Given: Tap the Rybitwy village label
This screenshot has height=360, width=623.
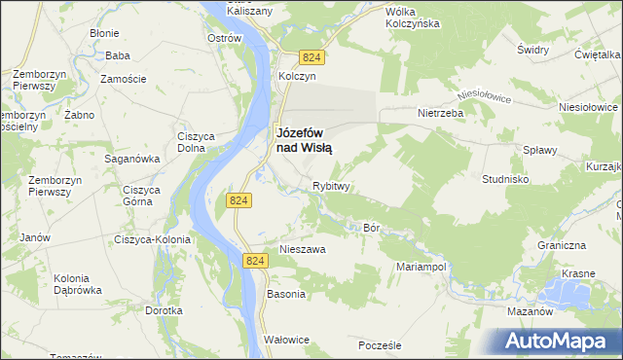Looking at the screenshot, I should [x=331, y=186].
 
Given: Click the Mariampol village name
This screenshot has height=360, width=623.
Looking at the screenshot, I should [x=421, y=266].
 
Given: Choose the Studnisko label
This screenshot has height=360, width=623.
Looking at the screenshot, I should [x=505, y=179].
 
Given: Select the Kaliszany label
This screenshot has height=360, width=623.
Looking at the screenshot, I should [x=248, y=10].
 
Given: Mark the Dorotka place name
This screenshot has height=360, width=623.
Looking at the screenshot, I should [x=164, y=311].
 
